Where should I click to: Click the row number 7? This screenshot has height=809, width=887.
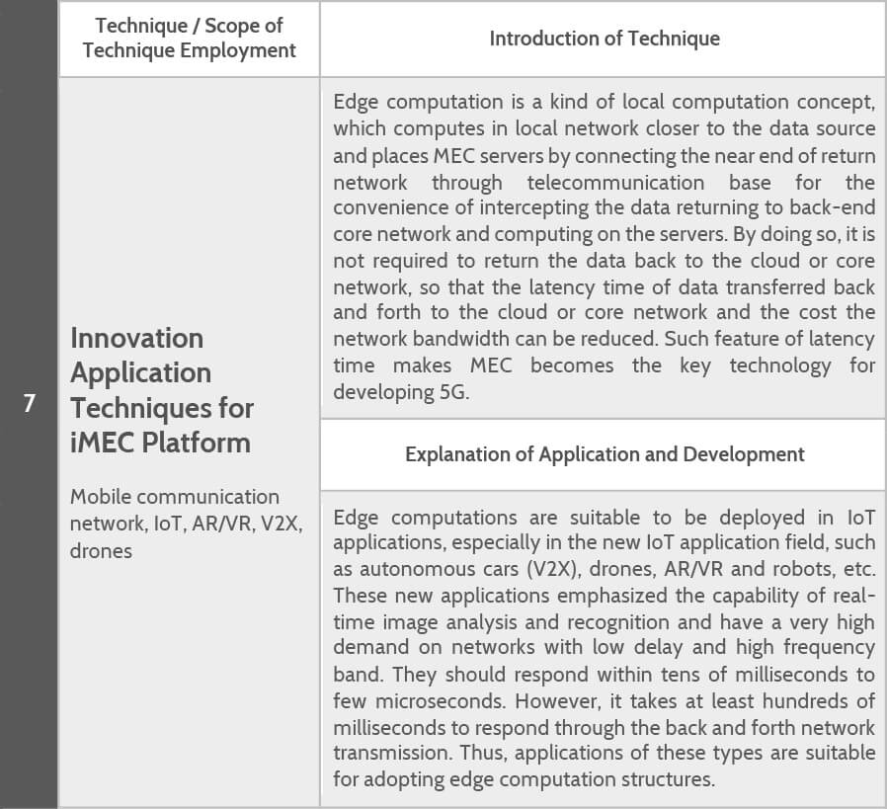[x=29, y=404]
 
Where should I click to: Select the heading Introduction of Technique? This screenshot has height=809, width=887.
[x=605, y=39]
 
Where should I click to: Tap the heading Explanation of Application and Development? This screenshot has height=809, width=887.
[x=605, y=454]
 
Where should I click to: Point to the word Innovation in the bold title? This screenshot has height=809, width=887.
[x=136, y=338]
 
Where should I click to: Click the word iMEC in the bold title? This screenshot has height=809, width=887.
[x=103, y=442]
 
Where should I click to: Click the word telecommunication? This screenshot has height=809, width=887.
[x=615, y=183]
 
